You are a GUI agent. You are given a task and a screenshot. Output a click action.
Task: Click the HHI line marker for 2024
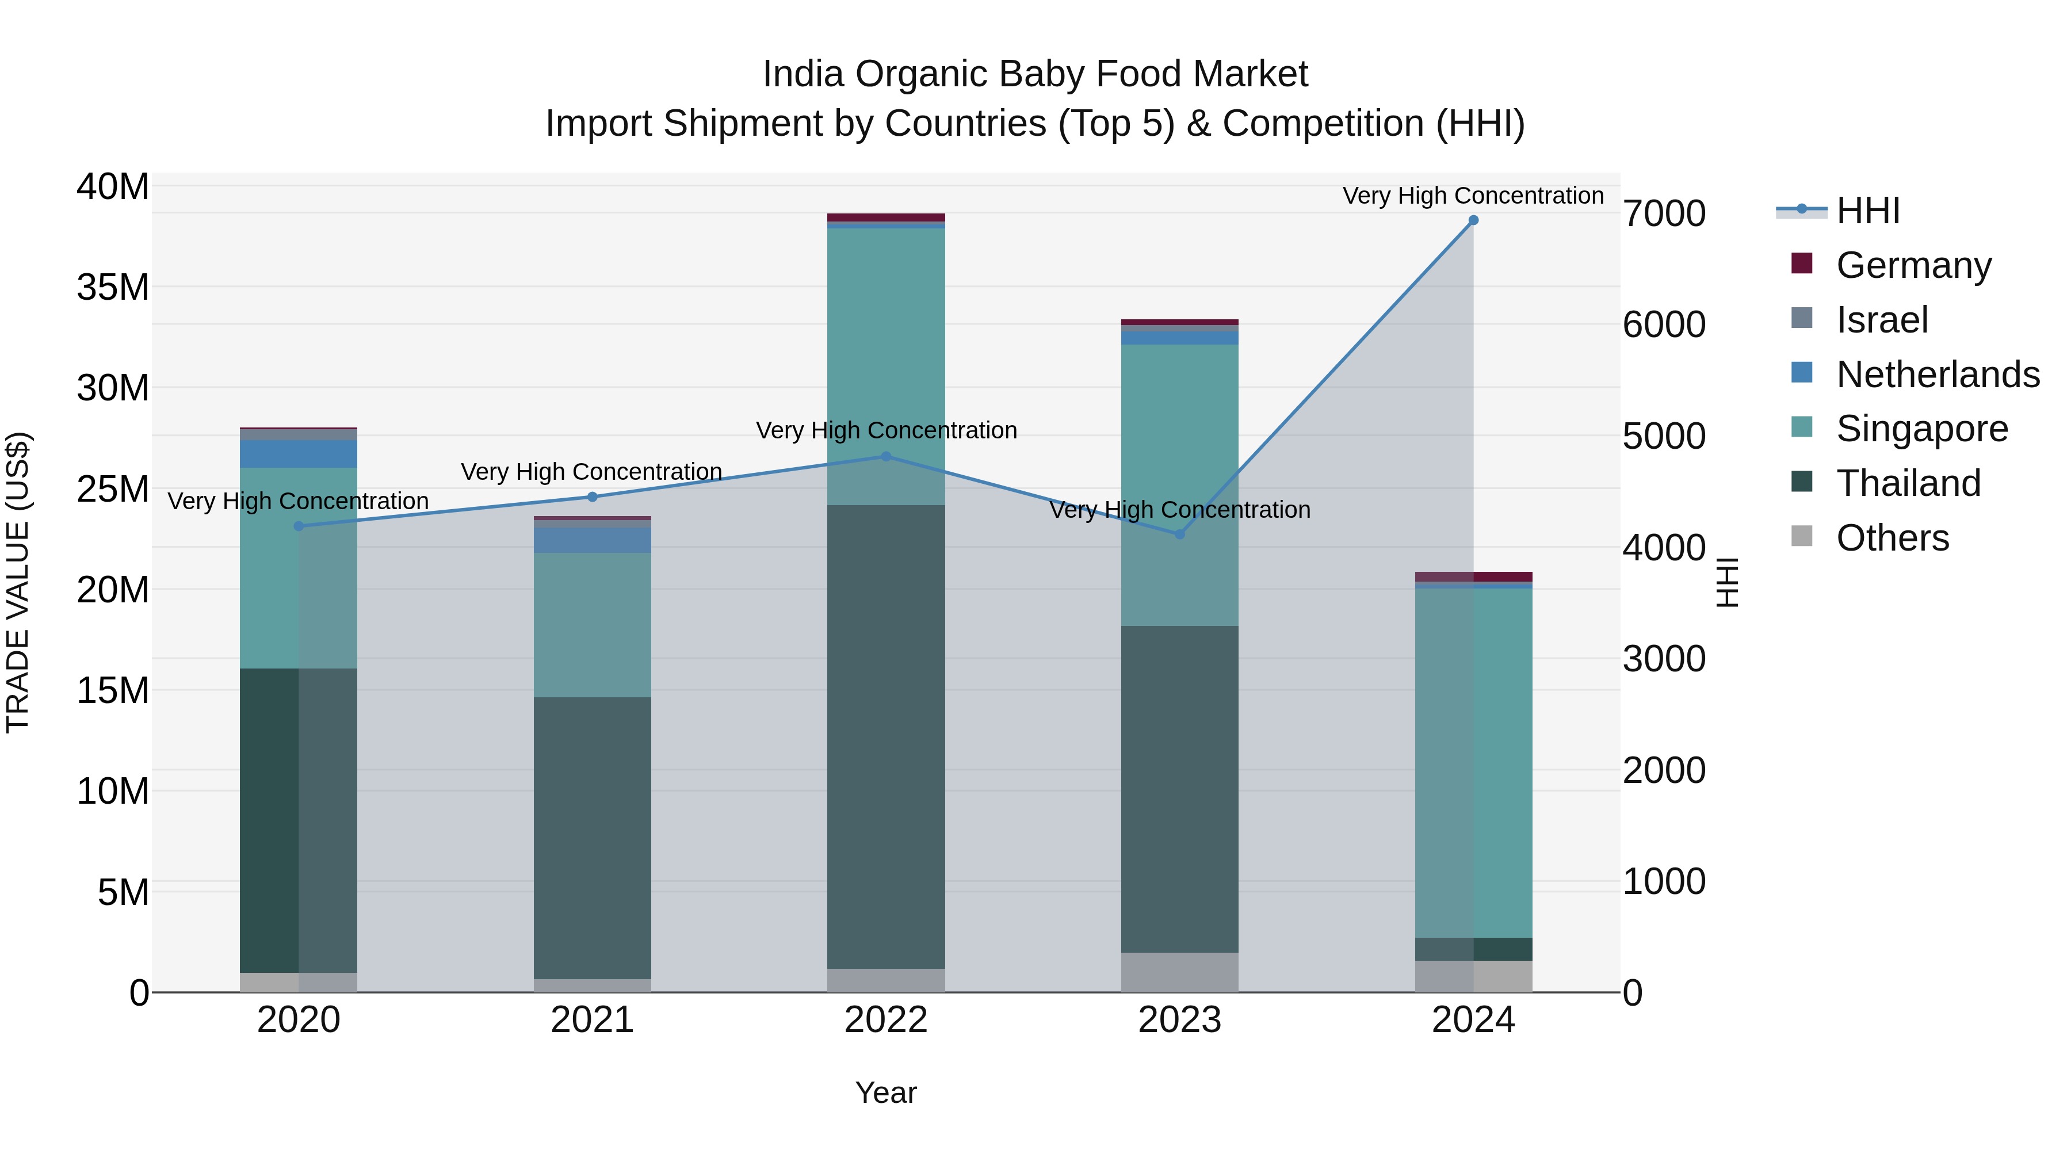tap(1473, 220)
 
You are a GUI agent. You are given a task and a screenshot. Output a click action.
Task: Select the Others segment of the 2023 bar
tap(1179, 972)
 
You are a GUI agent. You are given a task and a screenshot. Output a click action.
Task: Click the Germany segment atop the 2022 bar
tap(886, 217)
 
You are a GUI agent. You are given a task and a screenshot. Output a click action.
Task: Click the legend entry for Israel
tap(1881, 320)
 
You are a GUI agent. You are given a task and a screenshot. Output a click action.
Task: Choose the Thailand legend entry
tap(1908, 483)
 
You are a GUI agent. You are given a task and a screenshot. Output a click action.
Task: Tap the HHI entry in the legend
tap(1867, 211)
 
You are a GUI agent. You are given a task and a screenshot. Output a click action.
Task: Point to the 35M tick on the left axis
tap(113, 287)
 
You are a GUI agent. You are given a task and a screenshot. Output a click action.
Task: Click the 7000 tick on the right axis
tap(1663, 214)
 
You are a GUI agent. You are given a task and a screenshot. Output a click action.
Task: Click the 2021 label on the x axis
tap(592, 1020)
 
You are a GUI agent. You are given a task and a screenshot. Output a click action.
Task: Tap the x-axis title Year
tap(885, 1093)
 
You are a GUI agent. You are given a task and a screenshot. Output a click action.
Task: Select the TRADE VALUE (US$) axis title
tap(18, 582)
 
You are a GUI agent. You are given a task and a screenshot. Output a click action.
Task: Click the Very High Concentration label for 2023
tap(1179, 510)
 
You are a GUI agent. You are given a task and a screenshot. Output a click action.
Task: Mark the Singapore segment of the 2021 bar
tap(592, 625)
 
